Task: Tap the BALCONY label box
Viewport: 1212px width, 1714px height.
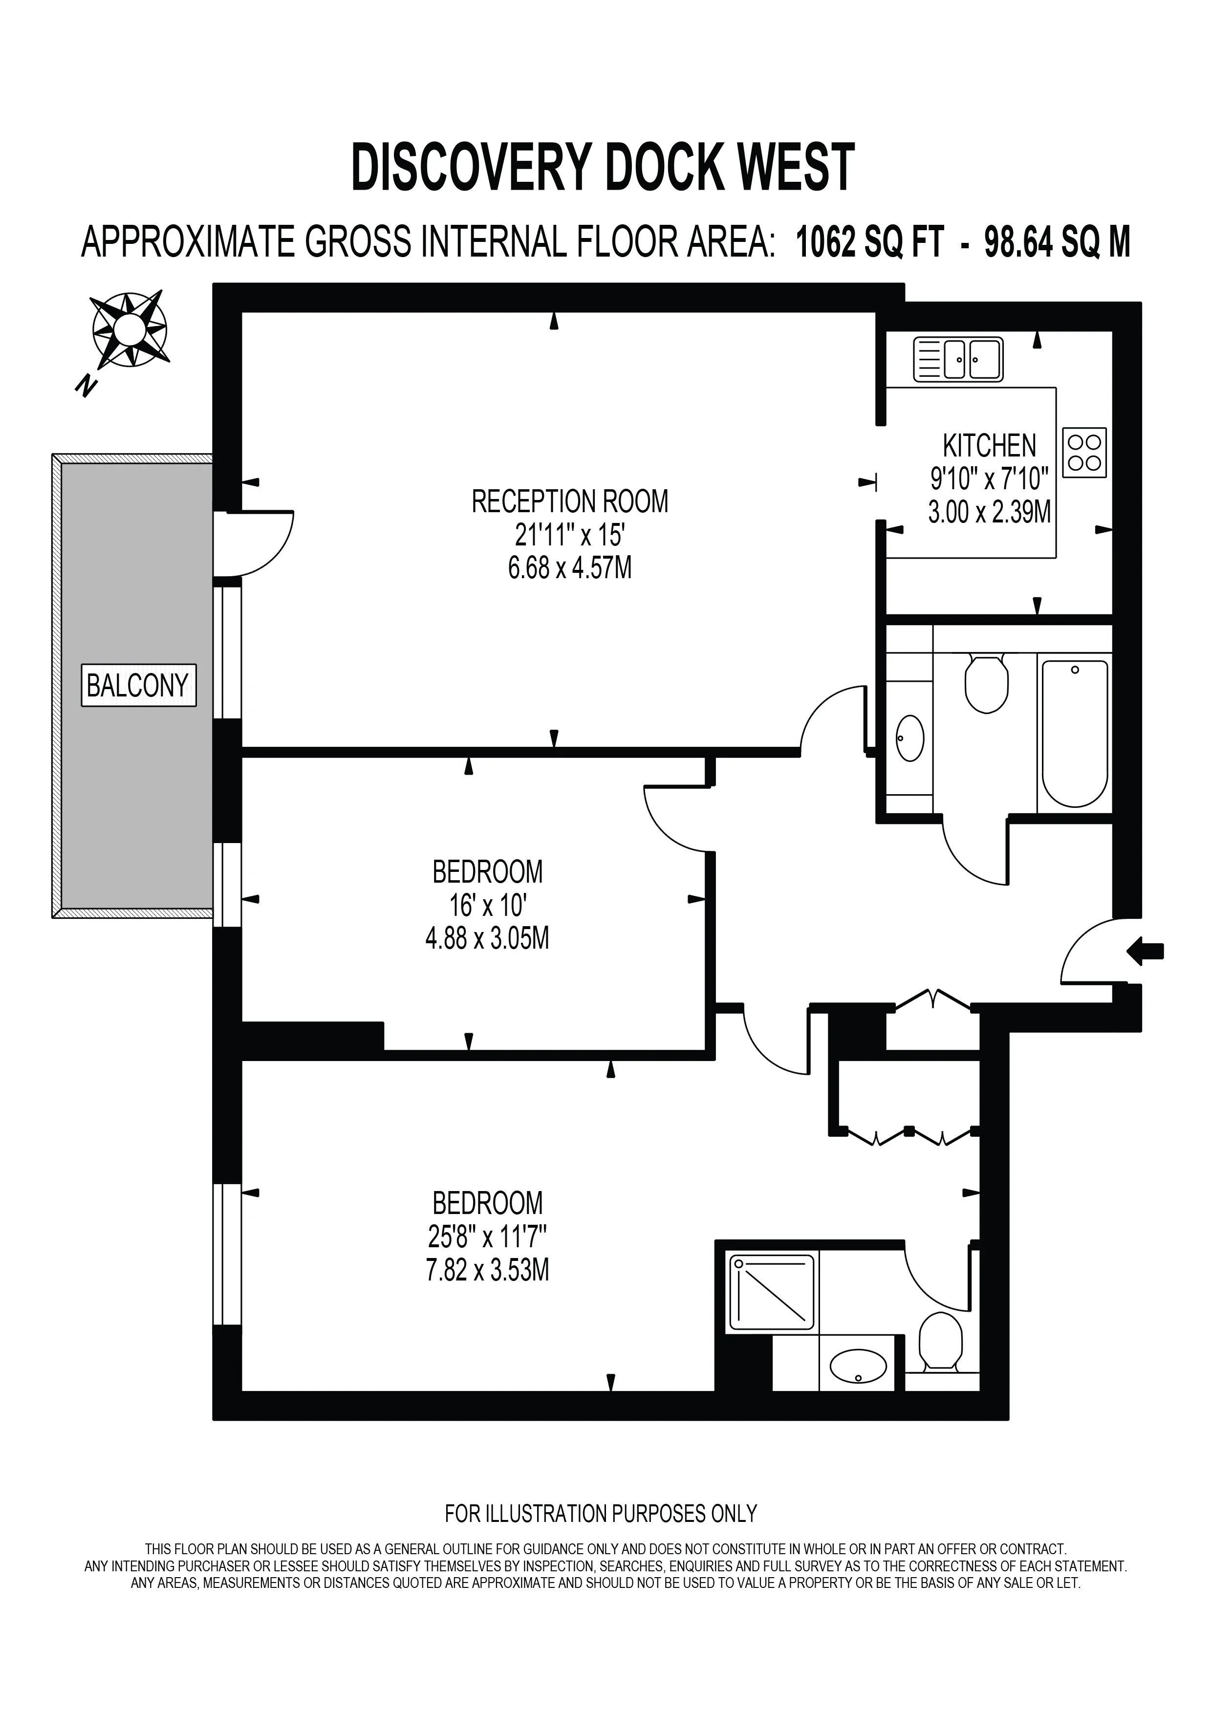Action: click(x=139, y=685)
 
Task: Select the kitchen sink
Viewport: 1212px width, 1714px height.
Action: click(x=958, y=359)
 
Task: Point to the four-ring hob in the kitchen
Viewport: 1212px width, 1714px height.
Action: click(x=1084, y=453)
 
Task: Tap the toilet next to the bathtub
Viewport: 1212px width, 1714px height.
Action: click(x=987, y=682)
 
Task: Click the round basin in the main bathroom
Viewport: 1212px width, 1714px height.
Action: click(x=910, y=738)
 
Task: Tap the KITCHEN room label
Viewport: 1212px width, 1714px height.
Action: click(x=990, y=446)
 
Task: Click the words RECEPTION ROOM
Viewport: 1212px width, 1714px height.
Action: click(x=570, y=501)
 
